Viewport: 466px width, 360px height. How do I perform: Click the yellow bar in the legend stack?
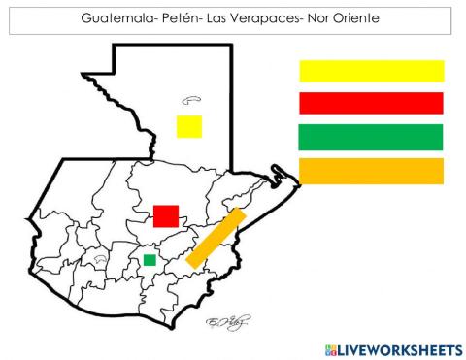coord(371,71)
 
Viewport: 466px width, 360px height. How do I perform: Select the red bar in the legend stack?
coord(371,103)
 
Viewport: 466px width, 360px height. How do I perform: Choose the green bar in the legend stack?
coord(371,137)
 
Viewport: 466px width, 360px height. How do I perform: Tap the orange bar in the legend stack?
coord(371,171)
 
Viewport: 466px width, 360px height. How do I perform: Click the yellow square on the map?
coord(189,126)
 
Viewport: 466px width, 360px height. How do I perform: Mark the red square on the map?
coord(166,215)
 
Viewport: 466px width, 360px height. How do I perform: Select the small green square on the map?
coord(150,259)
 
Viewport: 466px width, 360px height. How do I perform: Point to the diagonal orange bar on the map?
coord(214,238)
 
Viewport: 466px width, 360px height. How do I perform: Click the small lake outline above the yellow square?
coord(190,97)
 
